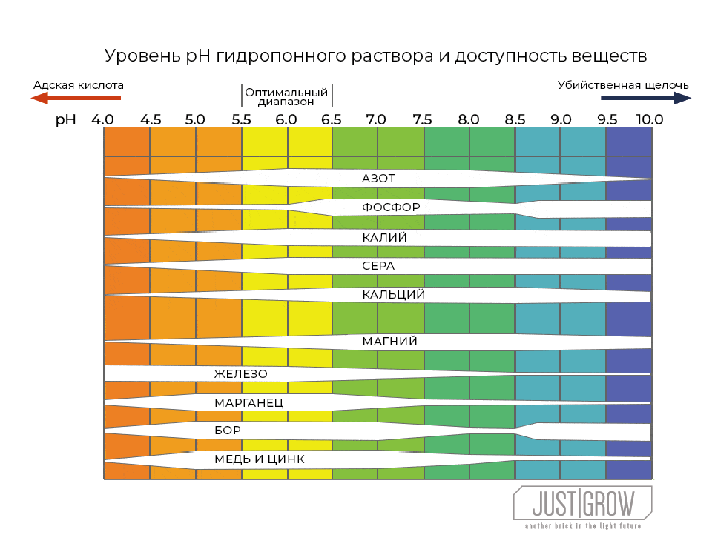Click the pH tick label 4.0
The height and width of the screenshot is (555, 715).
[103, 119]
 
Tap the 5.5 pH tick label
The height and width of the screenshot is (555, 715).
[241, 119]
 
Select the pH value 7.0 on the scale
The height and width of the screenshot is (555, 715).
[376, 119]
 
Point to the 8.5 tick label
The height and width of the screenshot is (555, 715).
[515, 119]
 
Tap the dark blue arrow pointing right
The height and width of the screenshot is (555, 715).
[645, 98]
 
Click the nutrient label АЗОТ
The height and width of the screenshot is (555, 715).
[378, 179]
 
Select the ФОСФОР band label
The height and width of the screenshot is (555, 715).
[391, 207]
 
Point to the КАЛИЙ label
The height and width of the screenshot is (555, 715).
[384, 238]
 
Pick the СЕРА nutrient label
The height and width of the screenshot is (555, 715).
[378, 265]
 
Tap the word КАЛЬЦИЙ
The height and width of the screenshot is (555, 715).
[393, 295]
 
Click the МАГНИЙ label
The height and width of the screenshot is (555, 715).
[389, 342]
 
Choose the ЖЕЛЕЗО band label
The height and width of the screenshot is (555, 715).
[240, 374]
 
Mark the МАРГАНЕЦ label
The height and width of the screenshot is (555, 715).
[248, 403]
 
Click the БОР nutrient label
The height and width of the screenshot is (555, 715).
[228, 430]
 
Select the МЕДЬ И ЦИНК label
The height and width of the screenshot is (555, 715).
[259, 459]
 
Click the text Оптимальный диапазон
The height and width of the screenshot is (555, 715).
[286, 97]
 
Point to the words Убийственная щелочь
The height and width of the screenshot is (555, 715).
[623, 84]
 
